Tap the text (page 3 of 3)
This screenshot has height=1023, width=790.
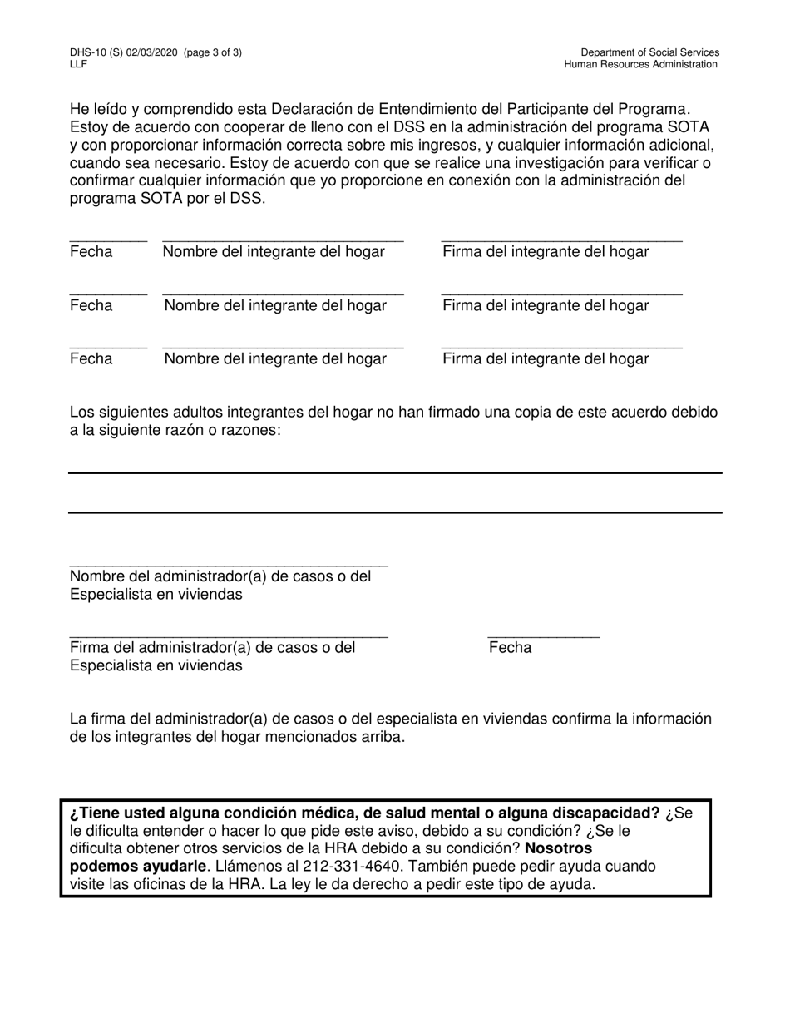point(214,52)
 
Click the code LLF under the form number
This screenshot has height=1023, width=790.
point(79,64)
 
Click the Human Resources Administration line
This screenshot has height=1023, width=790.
point(640,64)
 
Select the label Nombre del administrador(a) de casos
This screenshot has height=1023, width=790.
point(220,576)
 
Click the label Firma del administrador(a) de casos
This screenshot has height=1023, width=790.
point(212,647)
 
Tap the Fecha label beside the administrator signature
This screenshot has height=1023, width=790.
point(510,647)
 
